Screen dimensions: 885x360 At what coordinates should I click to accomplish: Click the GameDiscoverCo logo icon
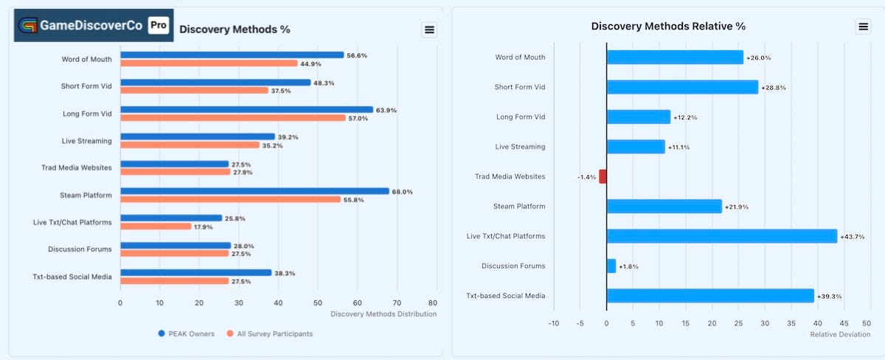(28, 26)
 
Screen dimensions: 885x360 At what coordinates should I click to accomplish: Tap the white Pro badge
(159, 25)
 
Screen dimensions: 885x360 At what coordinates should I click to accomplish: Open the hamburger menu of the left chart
(429, 30)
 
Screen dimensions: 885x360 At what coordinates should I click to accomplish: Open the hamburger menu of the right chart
(864, 27)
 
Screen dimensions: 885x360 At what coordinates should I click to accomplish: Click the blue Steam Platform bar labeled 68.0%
(255, 191)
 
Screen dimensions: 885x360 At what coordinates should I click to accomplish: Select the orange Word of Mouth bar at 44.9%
(209, 63)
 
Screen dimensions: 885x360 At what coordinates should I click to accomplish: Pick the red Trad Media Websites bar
(603, 176)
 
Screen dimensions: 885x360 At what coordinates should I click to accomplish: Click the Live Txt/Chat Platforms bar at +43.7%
(722, 236)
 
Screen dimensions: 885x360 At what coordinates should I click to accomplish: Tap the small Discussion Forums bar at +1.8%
(611, 266)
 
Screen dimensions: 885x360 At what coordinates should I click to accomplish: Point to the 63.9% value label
(386, 110)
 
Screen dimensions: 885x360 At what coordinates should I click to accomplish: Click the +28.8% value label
(774, 88)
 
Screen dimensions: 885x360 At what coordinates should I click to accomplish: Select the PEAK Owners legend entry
(186, 333)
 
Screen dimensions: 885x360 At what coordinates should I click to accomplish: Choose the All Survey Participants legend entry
(270, 333)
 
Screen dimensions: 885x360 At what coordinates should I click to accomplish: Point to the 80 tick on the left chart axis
(433, 302)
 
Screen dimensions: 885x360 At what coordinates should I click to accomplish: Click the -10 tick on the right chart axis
(554, 323)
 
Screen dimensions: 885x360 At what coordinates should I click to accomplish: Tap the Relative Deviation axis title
(840, 334)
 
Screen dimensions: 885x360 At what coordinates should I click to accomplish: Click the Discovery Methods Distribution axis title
(383, 314)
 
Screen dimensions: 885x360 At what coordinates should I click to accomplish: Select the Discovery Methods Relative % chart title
(668, 26)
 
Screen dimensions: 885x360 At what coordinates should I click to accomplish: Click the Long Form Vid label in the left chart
(87, 114)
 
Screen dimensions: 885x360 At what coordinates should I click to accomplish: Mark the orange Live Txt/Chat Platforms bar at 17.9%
(156, 226)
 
